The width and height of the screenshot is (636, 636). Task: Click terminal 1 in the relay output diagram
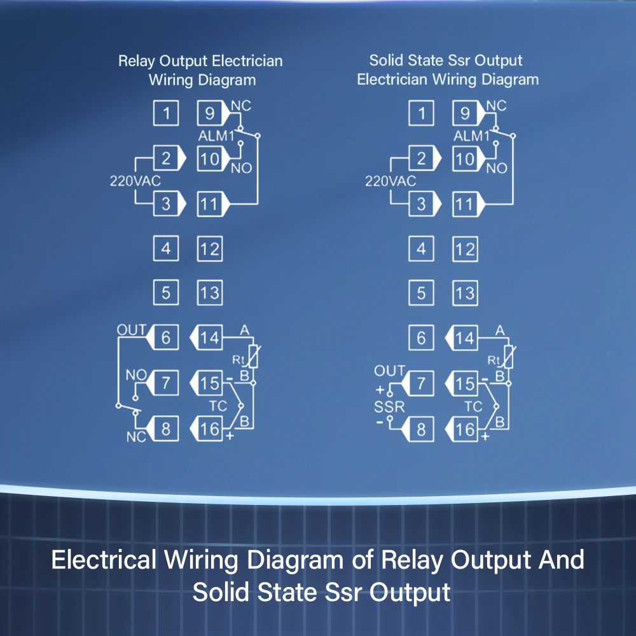point(166,114)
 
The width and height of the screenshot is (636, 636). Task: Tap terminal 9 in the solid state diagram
point(465,114)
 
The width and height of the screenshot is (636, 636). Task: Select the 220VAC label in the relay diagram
point(135,181)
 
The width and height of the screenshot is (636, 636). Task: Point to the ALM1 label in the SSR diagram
point(472,136)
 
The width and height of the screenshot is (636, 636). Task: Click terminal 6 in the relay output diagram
point(166,337)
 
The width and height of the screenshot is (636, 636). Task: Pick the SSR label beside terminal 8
point(390,406)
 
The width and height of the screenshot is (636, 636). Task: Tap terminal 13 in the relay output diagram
point(209,293)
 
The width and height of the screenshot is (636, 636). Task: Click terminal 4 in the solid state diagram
point(420,249)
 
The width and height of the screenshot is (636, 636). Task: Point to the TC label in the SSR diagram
point(474,406)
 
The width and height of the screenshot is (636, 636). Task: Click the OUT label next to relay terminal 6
point(131,330)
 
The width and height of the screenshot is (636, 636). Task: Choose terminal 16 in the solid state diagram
point(465,429)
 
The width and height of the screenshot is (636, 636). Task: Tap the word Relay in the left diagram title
point(137,61)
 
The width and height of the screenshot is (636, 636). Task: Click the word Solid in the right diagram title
point(387,60)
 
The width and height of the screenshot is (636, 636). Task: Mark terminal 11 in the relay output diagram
point(209,204)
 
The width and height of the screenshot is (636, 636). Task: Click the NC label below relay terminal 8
point(135,437)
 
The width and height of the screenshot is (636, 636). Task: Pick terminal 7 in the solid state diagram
point(420,384)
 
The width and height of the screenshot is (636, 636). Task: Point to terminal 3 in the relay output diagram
point(166,204)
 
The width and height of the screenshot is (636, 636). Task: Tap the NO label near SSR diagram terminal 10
point(497,168)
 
